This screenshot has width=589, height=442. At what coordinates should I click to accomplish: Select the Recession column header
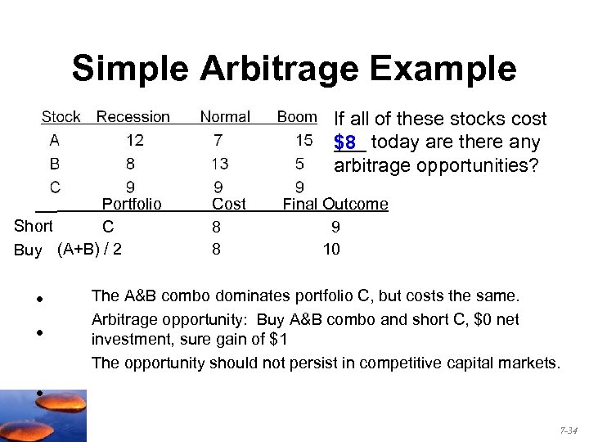(x=133, y=117)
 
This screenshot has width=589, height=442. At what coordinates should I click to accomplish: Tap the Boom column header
(x=297, y=117)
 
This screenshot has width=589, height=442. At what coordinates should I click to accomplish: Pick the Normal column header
(x=225, y=117)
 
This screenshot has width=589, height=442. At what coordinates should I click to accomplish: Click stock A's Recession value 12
(x=135, y=140)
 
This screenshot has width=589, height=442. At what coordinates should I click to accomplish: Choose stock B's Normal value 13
(x=219, y=164)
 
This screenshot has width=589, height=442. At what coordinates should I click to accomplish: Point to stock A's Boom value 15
(x=303, y=140)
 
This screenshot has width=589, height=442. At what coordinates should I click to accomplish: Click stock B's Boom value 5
(x=300, y=164)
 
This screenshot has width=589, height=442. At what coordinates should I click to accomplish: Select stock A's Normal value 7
(x=218, y=140)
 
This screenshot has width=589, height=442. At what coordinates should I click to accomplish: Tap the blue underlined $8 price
(x=344, y=142)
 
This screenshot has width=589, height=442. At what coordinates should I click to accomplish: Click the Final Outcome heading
(x=335, y=204)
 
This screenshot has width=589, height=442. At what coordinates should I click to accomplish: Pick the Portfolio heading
(x=131, y=204)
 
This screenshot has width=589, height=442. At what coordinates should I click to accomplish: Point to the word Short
(x=34, y=226)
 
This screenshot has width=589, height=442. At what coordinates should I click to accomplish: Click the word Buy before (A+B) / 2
(x=28, y=250)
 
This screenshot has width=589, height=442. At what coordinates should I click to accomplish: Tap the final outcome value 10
(x=331, y=249)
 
